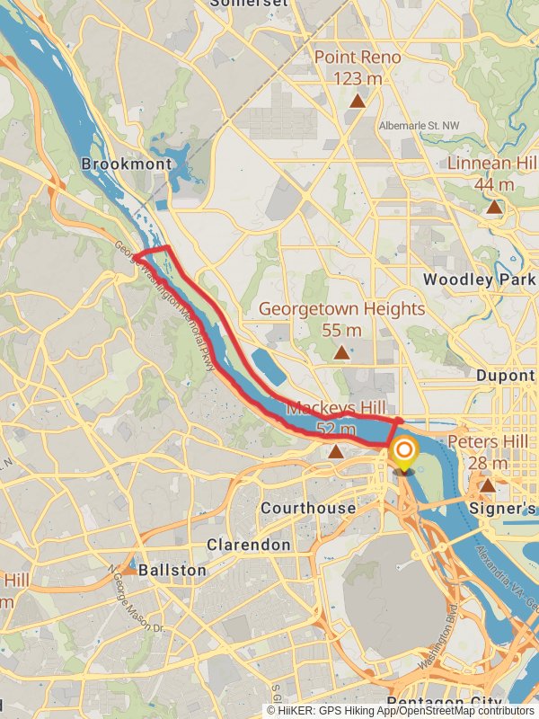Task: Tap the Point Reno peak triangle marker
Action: coord(358,102)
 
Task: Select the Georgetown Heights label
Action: coord(341,308)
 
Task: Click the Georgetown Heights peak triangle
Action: coord(341,353)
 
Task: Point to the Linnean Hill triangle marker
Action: coord(494,208)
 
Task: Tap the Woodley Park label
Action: coord(479,280)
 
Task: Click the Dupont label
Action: coord(506,376)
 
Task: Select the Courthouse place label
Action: coord(307,509)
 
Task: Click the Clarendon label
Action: coord(249,545)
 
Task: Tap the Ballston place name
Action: coord(172,570)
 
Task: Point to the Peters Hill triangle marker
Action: coord(487,486)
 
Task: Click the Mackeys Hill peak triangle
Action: coord(336,451)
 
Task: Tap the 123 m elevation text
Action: coord(357,79)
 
